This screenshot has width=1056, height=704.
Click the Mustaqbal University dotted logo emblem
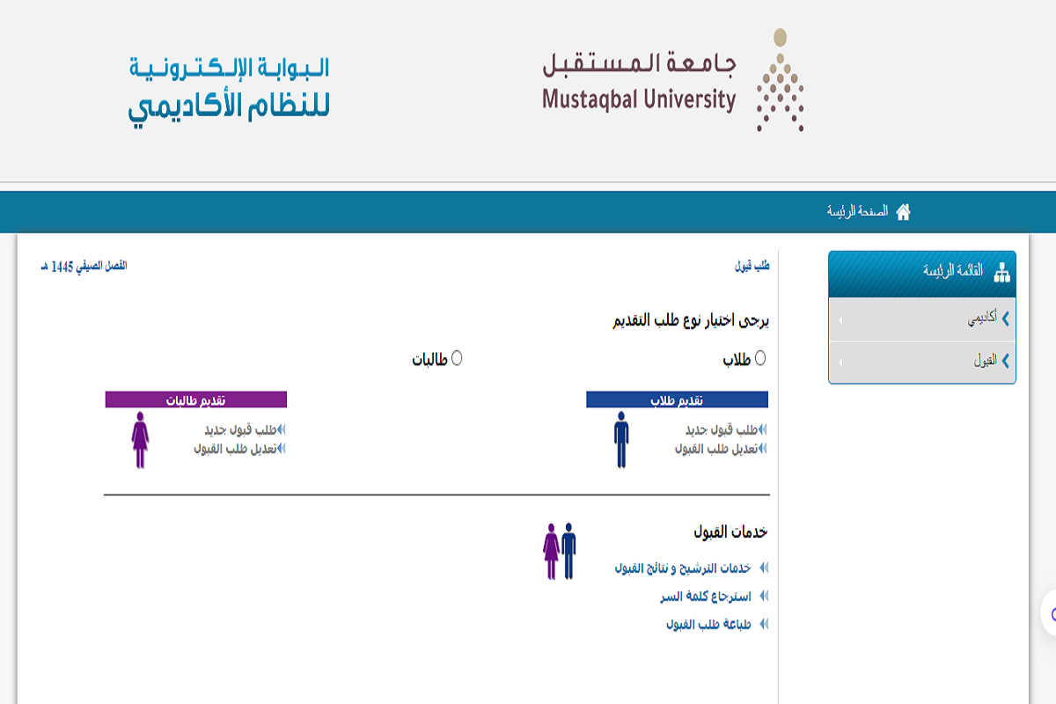pyautogui.click(x=780, y=81)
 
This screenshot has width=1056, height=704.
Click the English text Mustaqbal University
pyautogui.click(x=638, y=99)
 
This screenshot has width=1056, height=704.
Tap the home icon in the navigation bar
pyautogui.click(x=903, y=211)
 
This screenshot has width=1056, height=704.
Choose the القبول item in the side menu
pyautogui.click(x=985, y=361)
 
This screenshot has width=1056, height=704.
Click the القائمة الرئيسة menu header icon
pyautogui.click(x=1001, y=273)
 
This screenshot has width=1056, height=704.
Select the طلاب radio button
pyautogui.click(x=760, y=358)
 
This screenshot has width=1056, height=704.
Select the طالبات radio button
pyautogui.click(x=457, y=358)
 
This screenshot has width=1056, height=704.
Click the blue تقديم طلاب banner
pyautogui.click(x=677, y=400)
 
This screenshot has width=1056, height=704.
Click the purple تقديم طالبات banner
pyautogui.click(x=196, y=400)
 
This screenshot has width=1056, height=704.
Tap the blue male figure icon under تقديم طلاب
pyautogui.click(x=621, y=438)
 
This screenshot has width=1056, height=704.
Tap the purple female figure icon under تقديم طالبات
pyautogui.click(x=140, y=438)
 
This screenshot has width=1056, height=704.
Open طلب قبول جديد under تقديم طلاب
pyautogui.click(x=722, y=429)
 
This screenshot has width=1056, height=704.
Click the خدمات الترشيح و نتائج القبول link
pyautogui.click(x=683, y=568)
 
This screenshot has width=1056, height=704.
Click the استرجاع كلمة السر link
pyautogui.click(x=706, y=597)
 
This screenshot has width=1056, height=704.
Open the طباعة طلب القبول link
pyautogui.click(x=708, y=625)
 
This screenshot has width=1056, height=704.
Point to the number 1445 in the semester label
pyautogui.click(x=62, y=266)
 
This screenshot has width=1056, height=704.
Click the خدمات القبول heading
pyautogui.click(x=730, y=532)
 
